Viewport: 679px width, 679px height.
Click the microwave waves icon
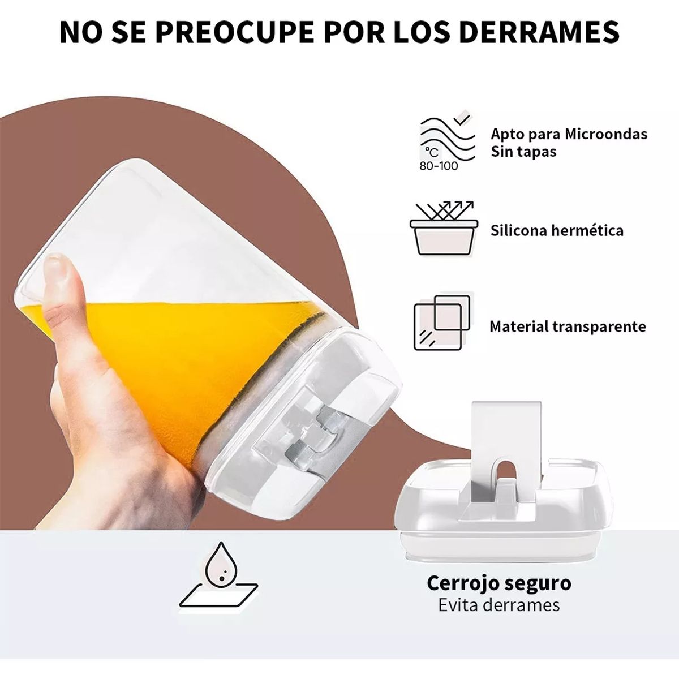[447, 136]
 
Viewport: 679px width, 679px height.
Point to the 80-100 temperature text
[439, 166]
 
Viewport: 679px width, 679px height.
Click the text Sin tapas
[523, 152]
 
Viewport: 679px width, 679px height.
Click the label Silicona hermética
[557, 230]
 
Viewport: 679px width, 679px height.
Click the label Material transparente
[568, 326]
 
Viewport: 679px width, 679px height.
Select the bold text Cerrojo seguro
[498, 583]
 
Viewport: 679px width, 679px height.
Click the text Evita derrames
[498, 605]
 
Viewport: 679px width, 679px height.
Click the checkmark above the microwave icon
[465, 118]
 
